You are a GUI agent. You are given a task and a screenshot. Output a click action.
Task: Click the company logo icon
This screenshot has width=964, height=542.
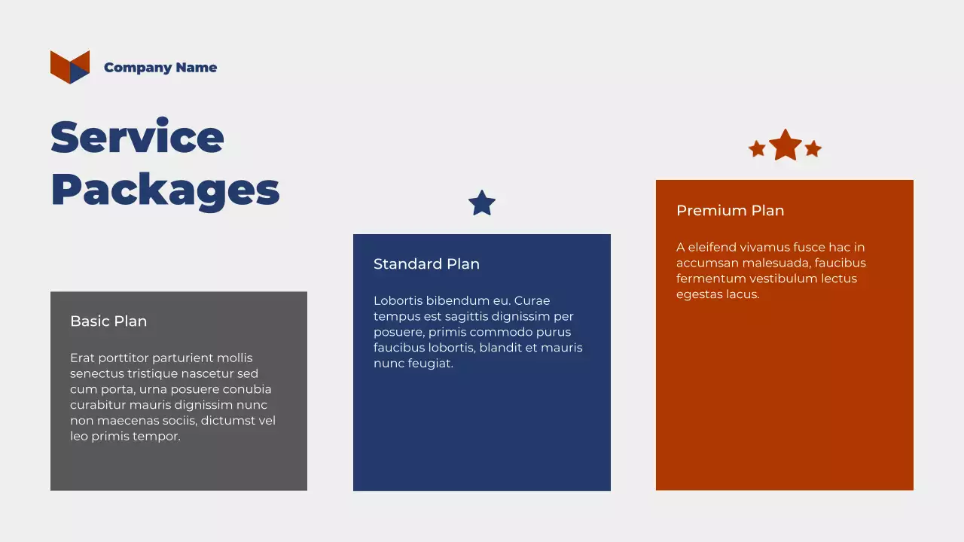pos(70,67)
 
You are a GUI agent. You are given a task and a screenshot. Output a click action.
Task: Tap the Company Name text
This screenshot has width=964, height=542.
pos(160,68)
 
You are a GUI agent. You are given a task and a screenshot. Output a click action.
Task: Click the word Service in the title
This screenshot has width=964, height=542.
pos(137,137)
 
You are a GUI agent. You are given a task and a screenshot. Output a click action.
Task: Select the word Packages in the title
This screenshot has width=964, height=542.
pos(165,190)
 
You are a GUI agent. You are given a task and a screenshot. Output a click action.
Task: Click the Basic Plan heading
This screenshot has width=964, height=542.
pos(108,321)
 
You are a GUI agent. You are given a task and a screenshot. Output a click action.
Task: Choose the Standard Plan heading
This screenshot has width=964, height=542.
pos(426,264)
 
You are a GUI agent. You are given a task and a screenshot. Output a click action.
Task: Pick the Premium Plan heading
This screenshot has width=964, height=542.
pos(730,211)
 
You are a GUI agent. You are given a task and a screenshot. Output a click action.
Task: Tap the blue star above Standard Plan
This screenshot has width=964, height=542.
pos(482,203)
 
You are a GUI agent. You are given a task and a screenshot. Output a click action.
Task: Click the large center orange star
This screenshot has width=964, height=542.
pos(785,145)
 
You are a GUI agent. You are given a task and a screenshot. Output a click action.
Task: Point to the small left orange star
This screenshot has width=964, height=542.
pos(757,149)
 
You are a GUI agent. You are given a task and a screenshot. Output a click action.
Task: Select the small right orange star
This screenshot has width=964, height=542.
pos(813,149)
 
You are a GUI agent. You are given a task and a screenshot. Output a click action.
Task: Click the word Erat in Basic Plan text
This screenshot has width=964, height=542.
pos(83,358)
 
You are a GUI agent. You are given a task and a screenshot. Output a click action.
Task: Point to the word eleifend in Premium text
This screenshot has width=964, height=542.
pos(711,248)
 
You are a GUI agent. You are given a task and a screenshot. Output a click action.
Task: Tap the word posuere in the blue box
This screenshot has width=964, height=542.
pos(397,332)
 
